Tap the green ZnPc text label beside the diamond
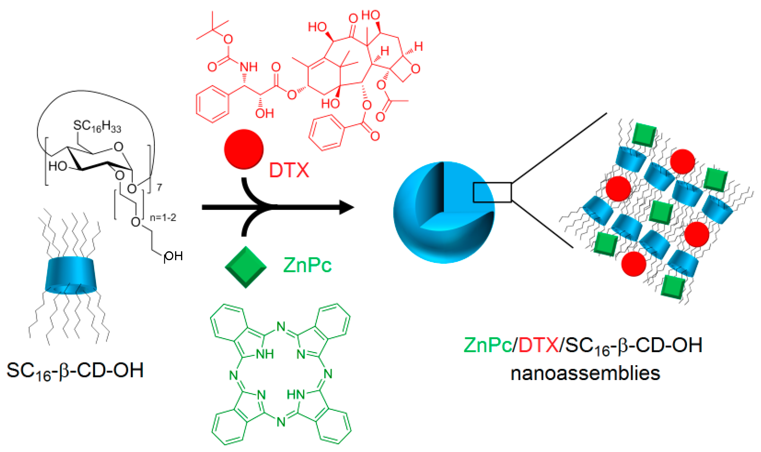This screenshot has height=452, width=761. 307,265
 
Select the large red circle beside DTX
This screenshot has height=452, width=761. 243,149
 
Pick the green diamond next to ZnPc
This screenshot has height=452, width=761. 245,267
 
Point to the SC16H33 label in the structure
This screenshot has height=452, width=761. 97,126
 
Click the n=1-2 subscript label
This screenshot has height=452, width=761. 163,217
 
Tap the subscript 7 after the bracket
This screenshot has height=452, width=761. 159,187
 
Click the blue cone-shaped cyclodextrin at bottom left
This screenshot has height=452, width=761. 71,276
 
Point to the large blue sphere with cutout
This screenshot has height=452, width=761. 444,212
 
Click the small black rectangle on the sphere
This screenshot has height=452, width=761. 492,192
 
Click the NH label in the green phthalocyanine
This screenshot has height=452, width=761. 265,354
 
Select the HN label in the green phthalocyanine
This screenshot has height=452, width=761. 295,395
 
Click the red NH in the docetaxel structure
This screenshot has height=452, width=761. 249,67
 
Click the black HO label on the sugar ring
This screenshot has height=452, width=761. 58,166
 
